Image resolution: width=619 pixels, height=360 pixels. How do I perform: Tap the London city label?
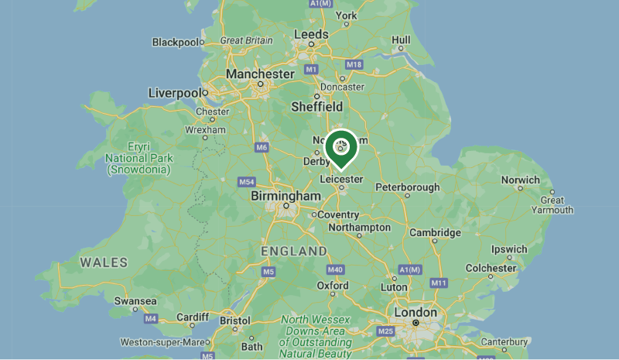(x=416, y=312)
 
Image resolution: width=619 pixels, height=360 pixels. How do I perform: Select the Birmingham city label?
(x=282, y=197)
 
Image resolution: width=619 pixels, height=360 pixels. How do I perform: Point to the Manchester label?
(x=260, y=74)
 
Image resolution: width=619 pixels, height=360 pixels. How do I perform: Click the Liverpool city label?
(x=175, y=93)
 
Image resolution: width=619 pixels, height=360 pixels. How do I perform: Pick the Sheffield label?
(x=316, y=107)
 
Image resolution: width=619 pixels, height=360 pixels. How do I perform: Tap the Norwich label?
(x=520, y=180)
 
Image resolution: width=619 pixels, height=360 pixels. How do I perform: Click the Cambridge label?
(x=435, y=232)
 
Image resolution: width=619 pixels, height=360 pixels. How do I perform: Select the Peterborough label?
(x=407, y=187)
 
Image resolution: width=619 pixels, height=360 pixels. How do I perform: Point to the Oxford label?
(x=333, y=286)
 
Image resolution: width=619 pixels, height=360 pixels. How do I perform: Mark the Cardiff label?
(x=192, y=317)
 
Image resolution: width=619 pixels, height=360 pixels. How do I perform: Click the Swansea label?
(x=135, y=301)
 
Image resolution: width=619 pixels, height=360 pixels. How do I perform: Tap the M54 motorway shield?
(x=246, y=182)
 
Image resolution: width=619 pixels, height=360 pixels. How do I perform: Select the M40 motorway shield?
(x=335, y=269)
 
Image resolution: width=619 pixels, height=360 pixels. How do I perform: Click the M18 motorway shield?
(x=354, y=64)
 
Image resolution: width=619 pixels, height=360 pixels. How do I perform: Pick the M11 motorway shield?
(x=439, y=283)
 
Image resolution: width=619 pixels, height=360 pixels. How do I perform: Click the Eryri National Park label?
(x=139, y=158)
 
